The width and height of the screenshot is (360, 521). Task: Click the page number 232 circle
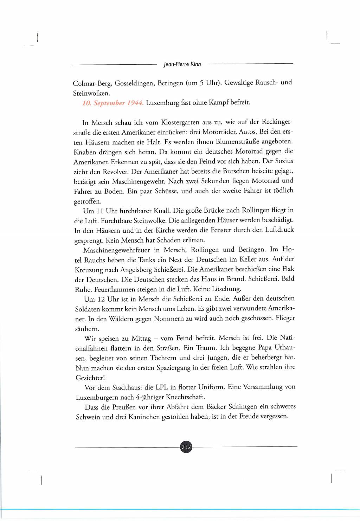click(186, 447)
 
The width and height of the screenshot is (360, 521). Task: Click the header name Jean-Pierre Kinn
click(182, 64)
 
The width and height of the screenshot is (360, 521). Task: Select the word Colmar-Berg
click(92, 83)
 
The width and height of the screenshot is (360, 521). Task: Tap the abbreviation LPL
click(162, 387)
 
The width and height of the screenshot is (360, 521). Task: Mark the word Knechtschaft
click(185, 397)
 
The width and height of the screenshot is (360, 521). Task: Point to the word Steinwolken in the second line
click(91, 93)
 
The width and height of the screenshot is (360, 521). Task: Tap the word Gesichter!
click(90, 378)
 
